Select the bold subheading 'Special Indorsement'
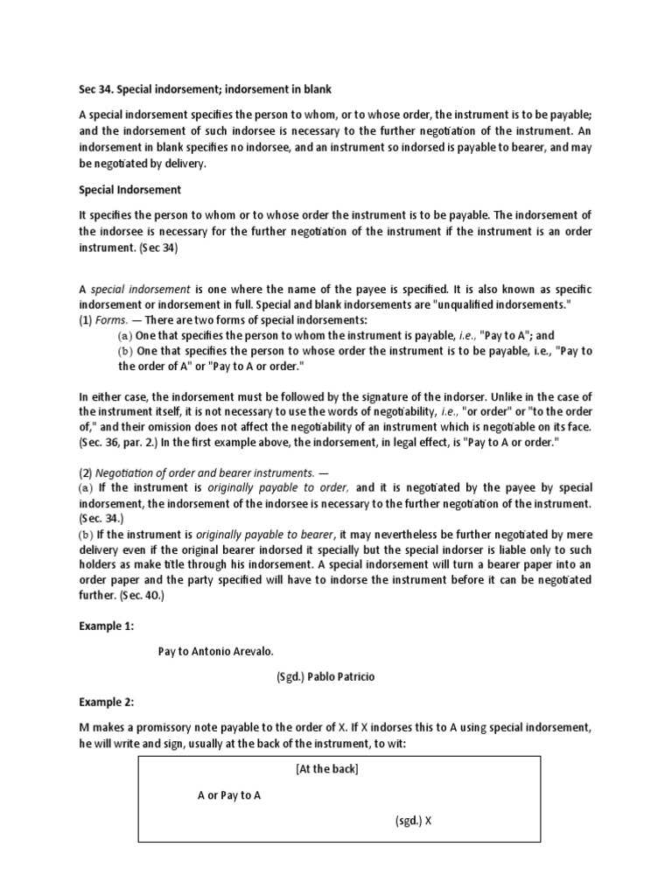coord(129,189)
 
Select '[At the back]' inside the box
coord(326,769)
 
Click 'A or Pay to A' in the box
coord(228,795)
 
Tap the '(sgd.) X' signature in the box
coord(409,822)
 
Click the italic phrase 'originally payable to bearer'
coord(265,534)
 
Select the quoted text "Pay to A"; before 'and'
coord(491,335)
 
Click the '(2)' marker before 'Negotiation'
coord(85,472)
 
